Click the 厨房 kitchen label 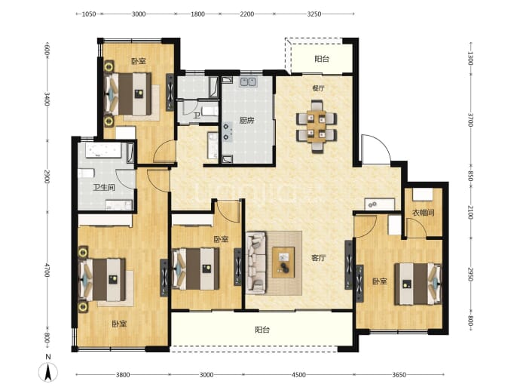coord(246,121)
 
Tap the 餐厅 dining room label coord(318,88)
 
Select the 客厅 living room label coord(318,258)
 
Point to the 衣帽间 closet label coord(424,213)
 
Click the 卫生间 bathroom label coord(104,188)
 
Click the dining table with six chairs coord(317,127)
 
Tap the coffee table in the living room coord(283,263)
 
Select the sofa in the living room coord(256,263)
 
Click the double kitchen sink coord(248,81)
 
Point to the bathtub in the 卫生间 coord(102,150)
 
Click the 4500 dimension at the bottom coord(298,375)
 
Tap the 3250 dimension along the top coord(314,14)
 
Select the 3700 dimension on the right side coord(470,120)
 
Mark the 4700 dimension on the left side coord(47,270)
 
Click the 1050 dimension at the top coord(88,14)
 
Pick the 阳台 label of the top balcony coord(322,59)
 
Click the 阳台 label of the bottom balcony coord(262,330)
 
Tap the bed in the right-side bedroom coord(418,284)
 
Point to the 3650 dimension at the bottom coord(399,375)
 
